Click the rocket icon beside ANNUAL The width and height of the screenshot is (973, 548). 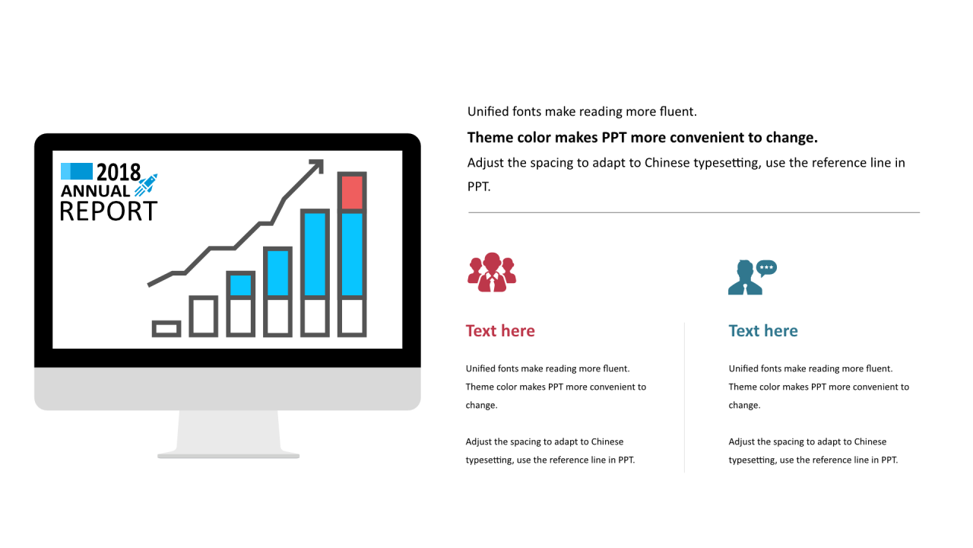click(146, 185)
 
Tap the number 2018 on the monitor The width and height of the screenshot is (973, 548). click(119, 172)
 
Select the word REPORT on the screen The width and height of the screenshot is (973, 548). click(108, 212)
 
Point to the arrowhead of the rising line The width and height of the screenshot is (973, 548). click(318, 165)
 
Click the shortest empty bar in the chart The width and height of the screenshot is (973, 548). click(166, 329)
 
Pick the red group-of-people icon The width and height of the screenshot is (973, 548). click(492, 272)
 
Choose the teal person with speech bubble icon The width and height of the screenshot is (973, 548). click(753, 277)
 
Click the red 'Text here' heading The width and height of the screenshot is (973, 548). click(500, 331)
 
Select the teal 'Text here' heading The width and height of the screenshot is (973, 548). click(763, 331)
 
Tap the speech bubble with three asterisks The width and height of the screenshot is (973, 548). click(766, 268)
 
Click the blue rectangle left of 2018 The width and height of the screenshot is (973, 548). click(77, 171)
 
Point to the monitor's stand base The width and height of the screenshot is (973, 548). click(229, 455)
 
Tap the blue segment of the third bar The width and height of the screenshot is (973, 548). click(240, 285)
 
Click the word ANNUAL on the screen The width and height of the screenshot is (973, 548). click(95, 191)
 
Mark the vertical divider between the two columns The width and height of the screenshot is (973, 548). click(685, 397)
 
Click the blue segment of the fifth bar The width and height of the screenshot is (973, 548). click(315, 254)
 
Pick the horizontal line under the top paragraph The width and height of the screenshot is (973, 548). click(694, 212)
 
